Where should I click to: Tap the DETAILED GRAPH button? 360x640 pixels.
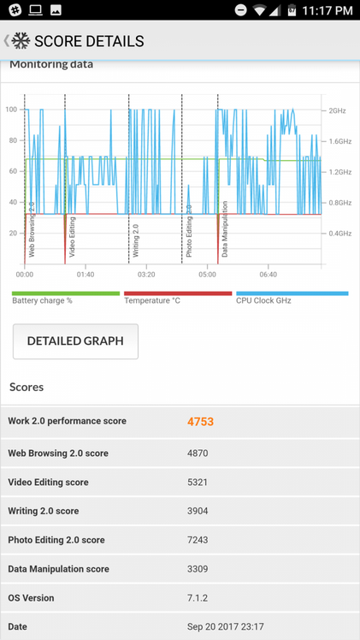click(75, 341)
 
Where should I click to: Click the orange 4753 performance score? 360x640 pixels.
click(201, 422)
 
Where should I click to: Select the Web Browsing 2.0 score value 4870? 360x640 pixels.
click(198, 453)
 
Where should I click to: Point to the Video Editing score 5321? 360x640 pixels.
click(198, 482)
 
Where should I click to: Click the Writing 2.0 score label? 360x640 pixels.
click(44, 511)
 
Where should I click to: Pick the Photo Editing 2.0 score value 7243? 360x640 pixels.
click(198, 540)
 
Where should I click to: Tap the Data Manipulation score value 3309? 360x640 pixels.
click(198, 569)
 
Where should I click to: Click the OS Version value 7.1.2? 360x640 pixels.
click(198, 598)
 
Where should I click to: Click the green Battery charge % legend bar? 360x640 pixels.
click(66, 293)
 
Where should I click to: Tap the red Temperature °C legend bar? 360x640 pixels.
click(178, 293)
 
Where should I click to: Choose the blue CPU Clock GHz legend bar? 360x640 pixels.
click(292, 293)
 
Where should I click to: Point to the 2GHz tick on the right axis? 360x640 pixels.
click(337, 110)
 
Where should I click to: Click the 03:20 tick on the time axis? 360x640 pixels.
click(146, 275)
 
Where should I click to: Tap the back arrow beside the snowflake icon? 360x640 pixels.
click(6, 40)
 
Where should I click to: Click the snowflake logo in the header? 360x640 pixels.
click(21, 41)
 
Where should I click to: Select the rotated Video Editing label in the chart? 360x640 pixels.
click(72, 237)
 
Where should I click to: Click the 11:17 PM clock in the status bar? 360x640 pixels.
click(327, 10)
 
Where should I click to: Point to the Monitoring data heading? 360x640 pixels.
click(51, 64)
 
